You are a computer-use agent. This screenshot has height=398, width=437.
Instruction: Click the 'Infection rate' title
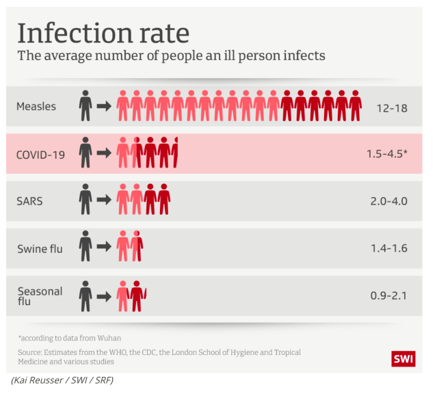pyautogui.click(x=103, y=32)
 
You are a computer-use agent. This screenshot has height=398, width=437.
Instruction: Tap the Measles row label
pyautogui.click(x=36, y=107)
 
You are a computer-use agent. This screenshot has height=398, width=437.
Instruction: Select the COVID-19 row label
pyautogui.click(x=40, y=155)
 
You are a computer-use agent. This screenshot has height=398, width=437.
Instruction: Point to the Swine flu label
pyautogui.click(x=40, y=248)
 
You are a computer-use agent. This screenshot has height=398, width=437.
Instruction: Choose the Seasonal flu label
pyautogui.click(x=40, y=295)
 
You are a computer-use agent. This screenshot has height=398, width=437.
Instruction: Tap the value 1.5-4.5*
pyautogui.click(x=386, y=155)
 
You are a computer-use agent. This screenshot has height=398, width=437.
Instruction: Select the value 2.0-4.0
pyautogui.click(x=387, y=201)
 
